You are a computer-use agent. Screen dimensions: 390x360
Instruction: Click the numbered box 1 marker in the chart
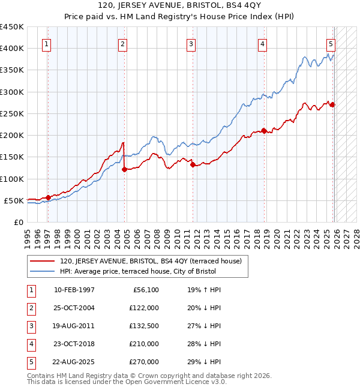point(47,44)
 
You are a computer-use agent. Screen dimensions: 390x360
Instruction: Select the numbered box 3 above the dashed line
point(191,44)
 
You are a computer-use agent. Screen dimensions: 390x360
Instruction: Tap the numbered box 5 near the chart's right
point(331,44)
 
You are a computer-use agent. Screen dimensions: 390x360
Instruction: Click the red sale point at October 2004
point(124,170)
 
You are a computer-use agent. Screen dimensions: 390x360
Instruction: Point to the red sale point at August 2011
point(193,165)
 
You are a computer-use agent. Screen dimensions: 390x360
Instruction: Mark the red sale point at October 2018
point(263,131)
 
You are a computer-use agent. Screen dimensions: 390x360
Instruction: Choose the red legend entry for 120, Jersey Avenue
point(150,261)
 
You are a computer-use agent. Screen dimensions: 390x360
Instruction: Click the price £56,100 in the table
point(146,290)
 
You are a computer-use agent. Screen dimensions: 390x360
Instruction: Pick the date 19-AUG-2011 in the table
point(74,326)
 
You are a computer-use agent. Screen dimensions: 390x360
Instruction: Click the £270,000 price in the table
point(144,362)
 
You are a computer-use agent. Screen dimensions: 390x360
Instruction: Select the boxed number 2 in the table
point(29,308)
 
